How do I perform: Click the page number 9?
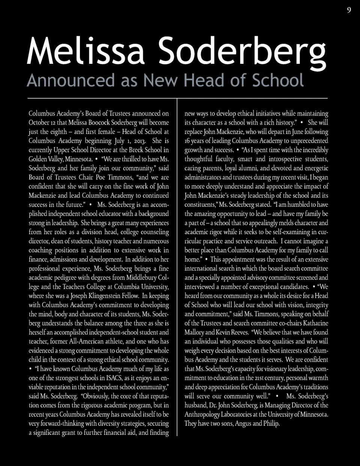[349, 10]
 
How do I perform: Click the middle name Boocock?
[105, 122]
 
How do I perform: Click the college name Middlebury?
[137, 278]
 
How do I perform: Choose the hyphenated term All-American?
[90, 341]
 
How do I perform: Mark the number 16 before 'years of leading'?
[188, 141]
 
